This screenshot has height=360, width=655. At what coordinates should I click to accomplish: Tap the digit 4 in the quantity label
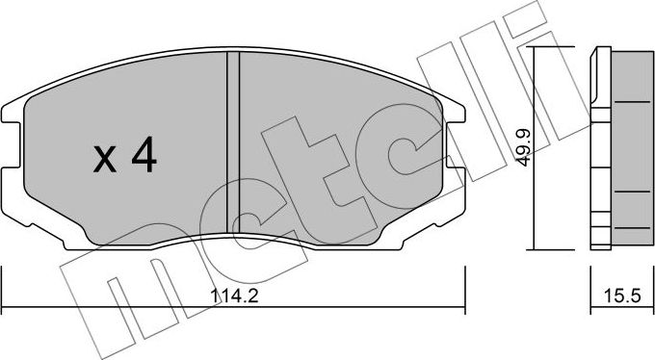(143, 156)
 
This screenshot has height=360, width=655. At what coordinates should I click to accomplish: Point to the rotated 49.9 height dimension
(521, 150)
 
